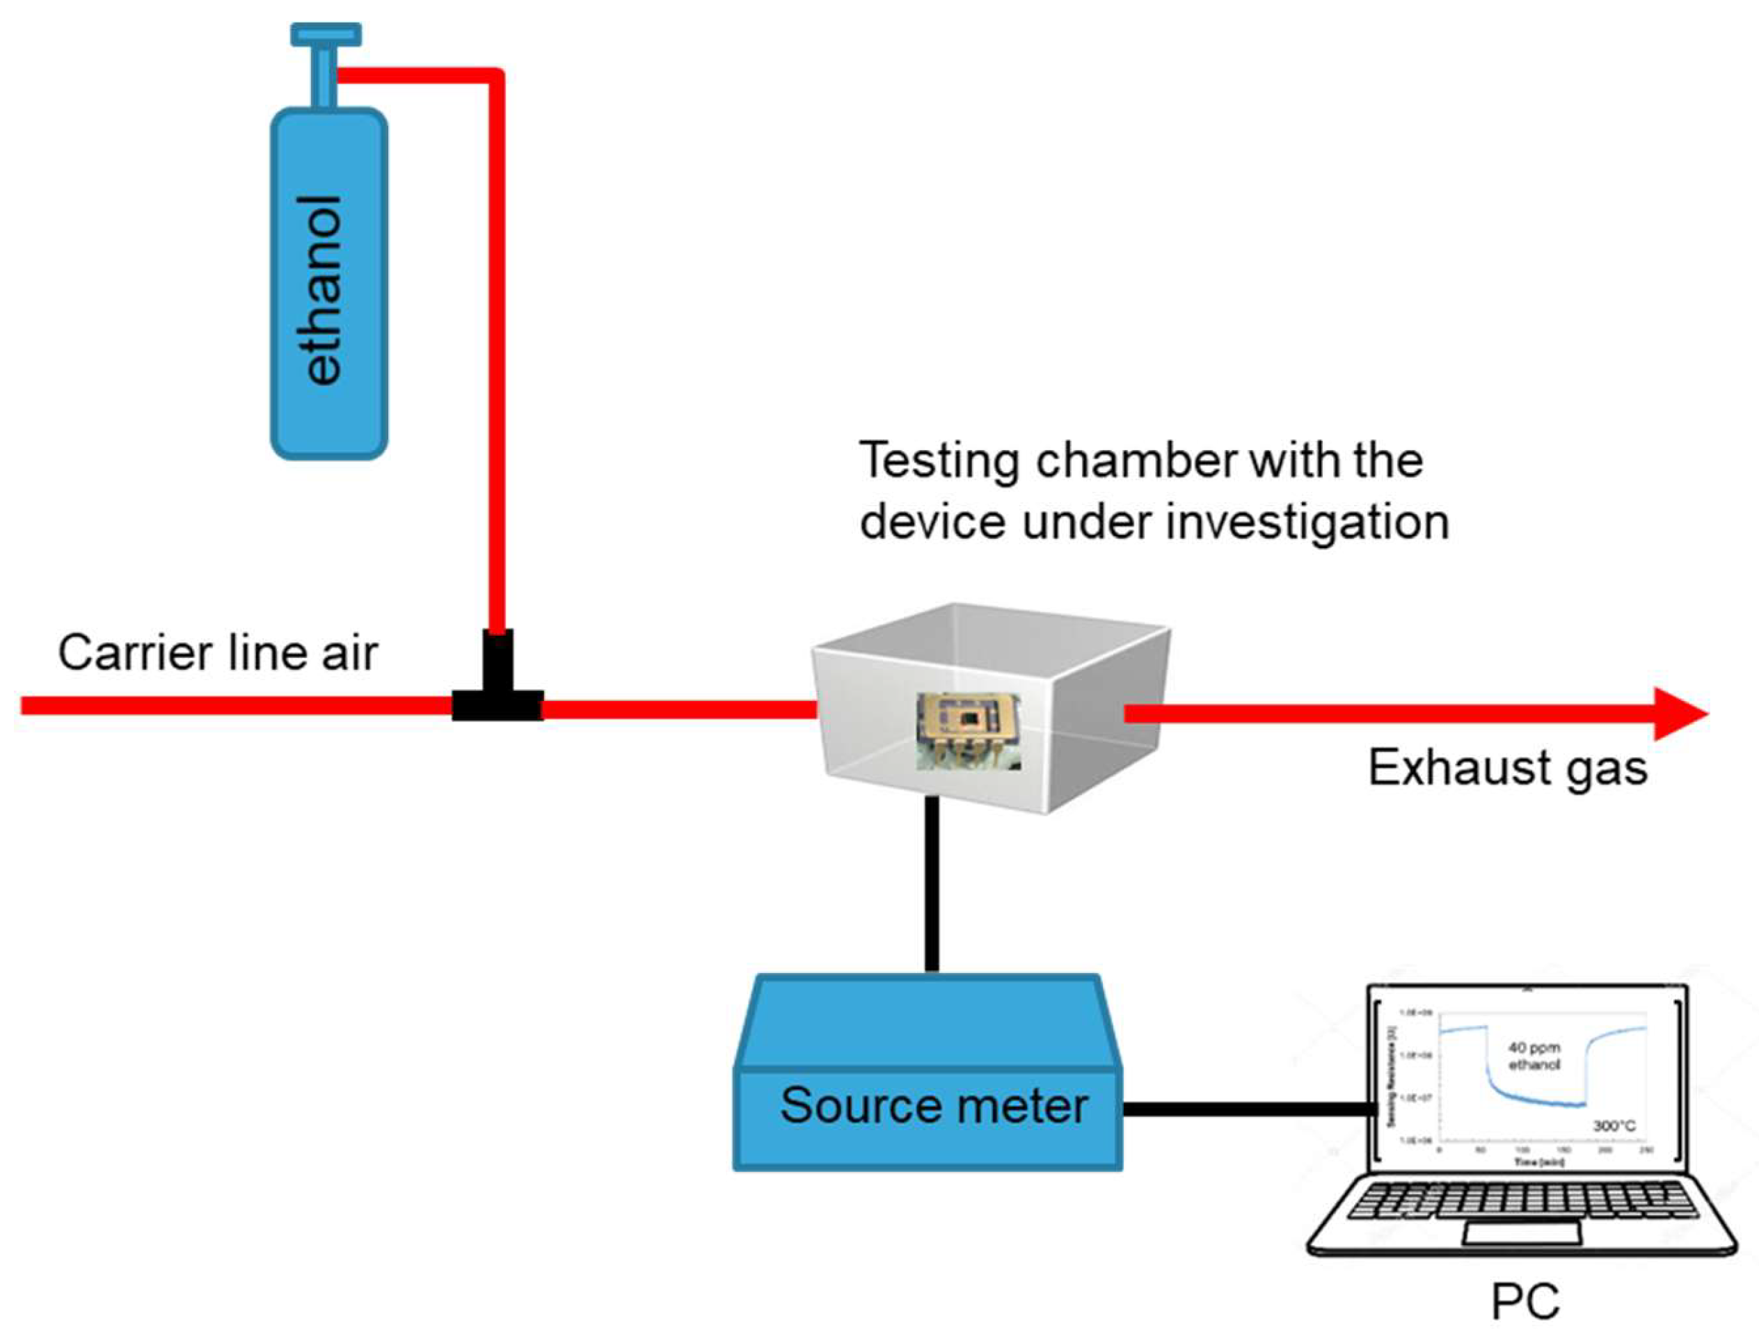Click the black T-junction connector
(498, 693)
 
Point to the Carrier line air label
(217, 653)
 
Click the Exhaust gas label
(1508, 768)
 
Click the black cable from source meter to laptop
(1250, 1109)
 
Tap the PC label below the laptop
(1525, 1301)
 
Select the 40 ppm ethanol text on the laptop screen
(1533, 1056)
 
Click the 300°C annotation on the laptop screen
(1614, 1125)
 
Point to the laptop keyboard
(1523, 1200)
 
